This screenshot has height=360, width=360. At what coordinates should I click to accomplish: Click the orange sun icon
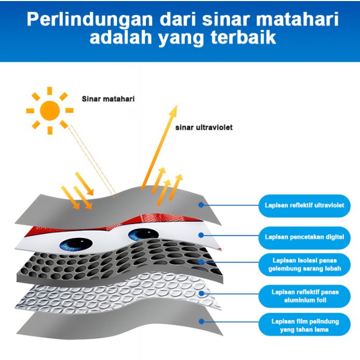click(x=50, y=110)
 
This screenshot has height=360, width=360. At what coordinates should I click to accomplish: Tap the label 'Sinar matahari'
click(x=108, y=98)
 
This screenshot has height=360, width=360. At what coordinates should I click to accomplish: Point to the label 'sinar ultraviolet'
click(x=204, y=127)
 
